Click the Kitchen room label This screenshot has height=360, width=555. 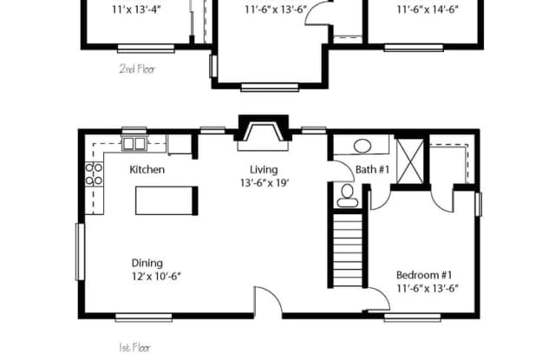click(x=147, y=170)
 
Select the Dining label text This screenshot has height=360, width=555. click(x=147, y=264)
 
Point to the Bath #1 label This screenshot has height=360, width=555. click(x=372, y=170)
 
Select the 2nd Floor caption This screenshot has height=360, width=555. click(x=137, y=69)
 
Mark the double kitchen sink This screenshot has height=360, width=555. click(x=134, y=144)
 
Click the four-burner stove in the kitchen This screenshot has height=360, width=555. click(x=94, y=173)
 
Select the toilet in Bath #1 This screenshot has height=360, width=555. click(x=348, y=194)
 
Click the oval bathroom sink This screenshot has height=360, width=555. click(x=361, y=146)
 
